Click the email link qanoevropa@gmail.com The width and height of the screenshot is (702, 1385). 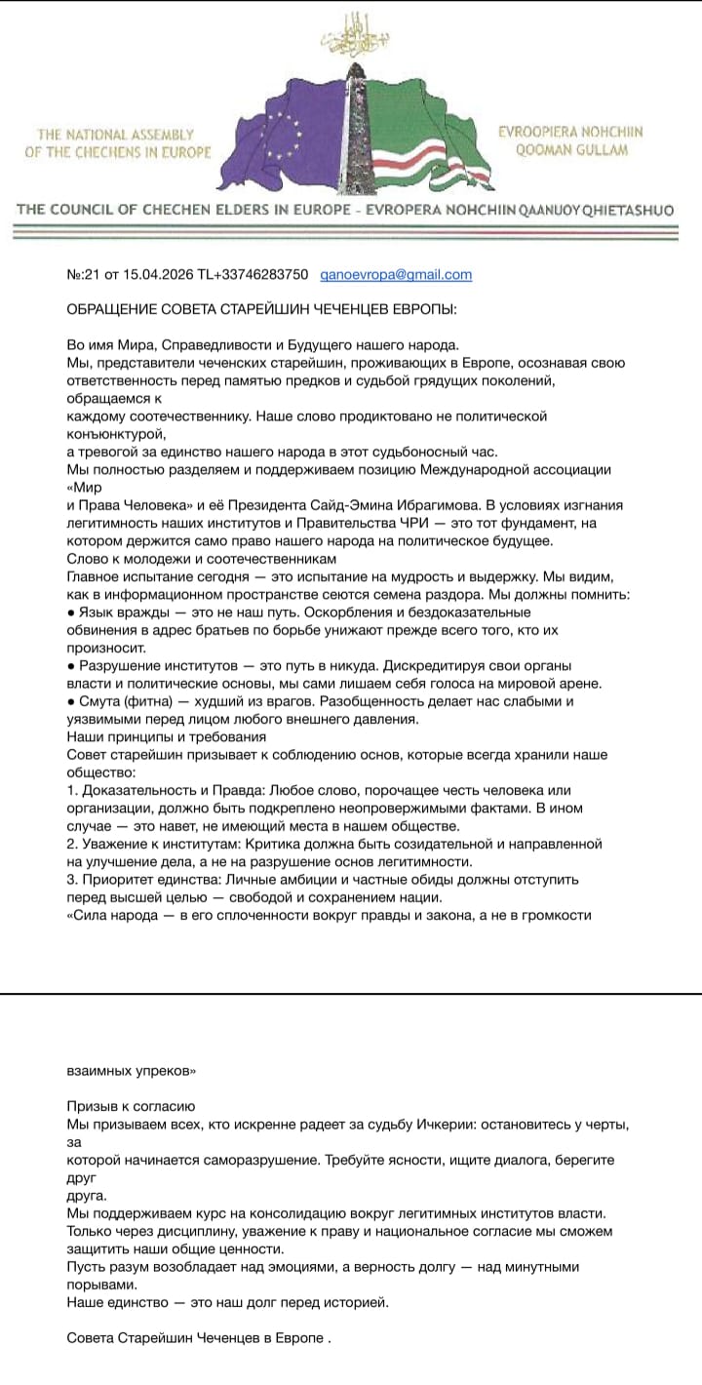396,275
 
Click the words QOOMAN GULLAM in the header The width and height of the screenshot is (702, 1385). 571,150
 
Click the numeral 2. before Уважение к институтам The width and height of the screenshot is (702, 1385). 72,843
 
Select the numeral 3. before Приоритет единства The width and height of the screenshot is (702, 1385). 72,879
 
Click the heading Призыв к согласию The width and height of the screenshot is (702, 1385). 131,1106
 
